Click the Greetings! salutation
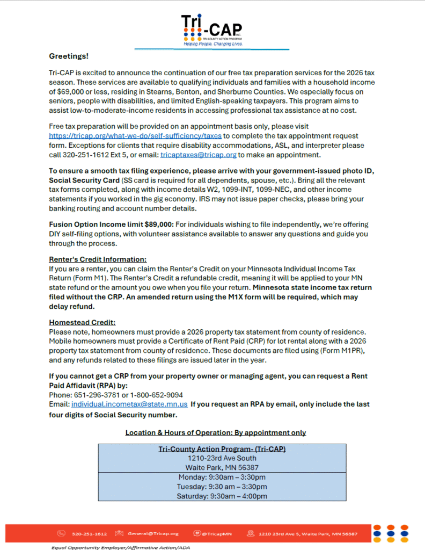point(69,56)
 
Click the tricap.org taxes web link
point(136,136)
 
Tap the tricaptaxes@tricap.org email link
point(199,155)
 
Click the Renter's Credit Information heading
point(97,259)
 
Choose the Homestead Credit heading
point(82,323)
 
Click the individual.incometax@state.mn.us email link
point(129,404)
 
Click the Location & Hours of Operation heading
point(215,432)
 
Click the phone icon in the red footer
point(62,534)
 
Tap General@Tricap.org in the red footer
point(153,534)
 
